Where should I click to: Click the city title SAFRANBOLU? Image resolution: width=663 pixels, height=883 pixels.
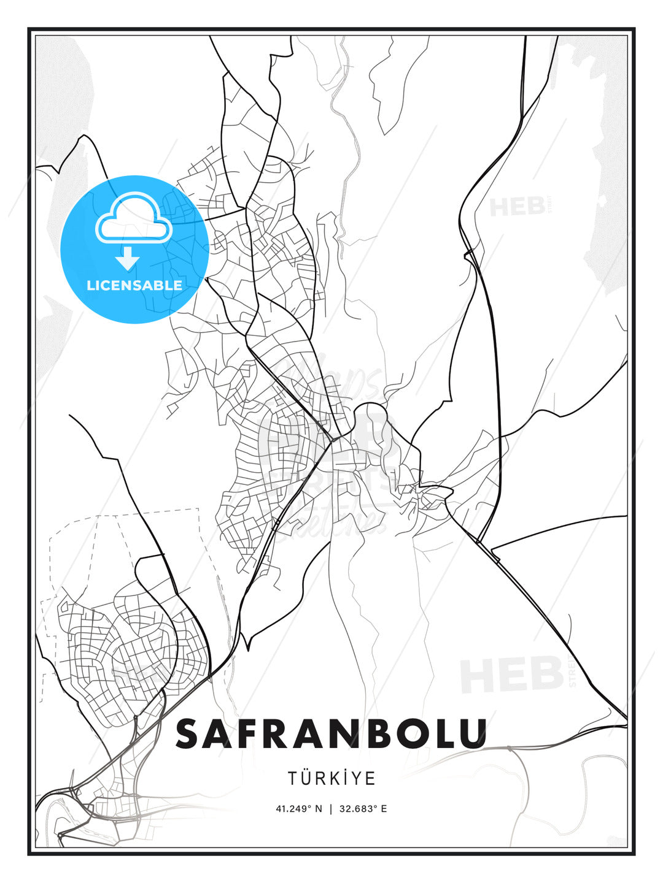331,734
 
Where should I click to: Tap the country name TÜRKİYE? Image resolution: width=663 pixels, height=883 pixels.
331,778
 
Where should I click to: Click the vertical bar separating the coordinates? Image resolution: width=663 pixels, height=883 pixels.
331,809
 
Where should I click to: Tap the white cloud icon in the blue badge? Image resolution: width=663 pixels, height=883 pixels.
134,219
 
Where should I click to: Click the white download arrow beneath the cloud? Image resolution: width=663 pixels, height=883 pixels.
128,259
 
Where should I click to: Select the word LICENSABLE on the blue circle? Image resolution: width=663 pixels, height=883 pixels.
134,285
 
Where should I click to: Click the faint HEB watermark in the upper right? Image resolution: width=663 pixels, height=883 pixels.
517,207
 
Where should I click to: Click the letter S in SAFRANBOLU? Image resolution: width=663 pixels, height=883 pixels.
190,734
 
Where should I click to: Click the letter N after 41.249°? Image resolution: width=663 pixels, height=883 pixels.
318,809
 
